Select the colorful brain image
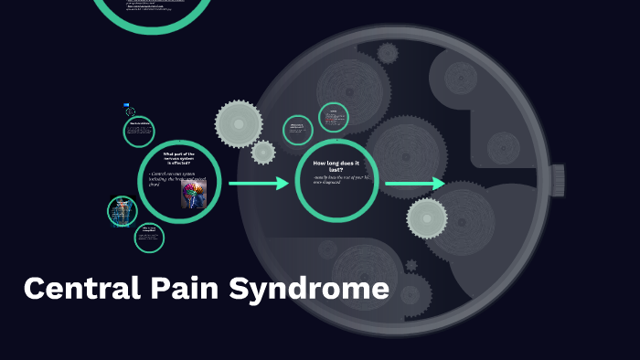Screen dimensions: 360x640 pos(193,193)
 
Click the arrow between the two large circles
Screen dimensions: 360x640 pos(258,185)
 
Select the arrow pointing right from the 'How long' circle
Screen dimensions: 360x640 pos(415,185)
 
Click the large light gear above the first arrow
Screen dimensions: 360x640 pos(239,122)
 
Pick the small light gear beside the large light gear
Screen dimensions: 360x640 pos(263,152)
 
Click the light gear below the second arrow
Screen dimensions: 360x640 pos(427,218)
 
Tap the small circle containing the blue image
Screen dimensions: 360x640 pos(123,211)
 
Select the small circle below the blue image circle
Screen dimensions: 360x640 pos(149,238)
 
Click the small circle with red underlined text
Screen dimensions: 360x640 pos(334,117)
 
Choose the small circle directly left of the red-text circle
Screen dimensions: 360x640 pos(297,130)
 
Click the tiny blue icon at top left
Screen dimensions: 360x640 pos(129,111)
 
